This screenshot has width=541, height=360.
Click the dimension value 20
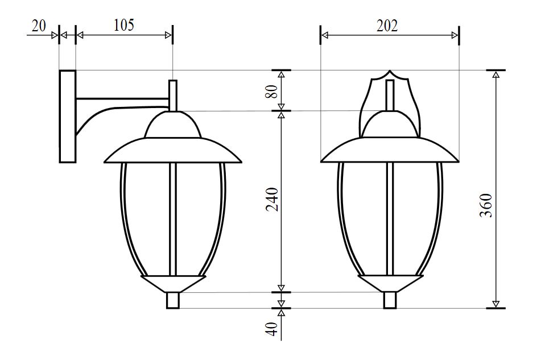39,26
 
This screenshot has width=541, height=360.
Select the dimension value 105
124,25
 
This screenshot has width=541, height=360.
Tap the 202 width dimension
387,26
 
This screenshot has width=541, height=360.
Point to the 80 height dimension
272,91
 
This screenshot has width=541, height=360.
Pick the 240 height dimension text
272,199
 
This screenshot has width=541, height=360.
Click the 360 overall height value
486,205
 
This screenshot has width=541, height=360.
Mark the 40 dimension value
272,329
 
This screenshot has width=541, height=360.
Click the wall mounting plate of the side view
67,116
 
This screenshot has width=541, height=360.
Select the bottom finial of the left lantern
173,300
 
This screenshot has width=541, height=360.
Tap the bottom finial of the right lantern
390,300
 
